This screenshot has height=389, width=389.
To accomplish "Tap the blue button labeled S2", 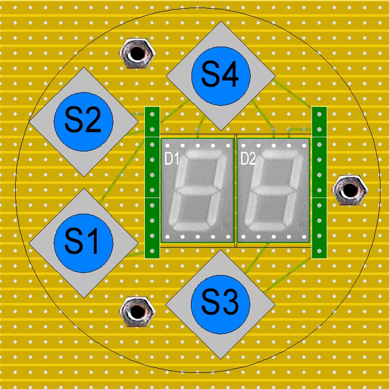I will [x=84, y=122].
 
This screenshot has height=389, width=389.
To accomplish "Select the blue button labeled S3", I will [x=220, y=304].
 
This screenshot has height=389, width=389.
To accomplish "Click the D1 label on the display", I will [x=172, y=159].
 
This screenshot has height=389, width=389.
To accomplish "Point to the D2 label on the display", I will [x=248, y=159].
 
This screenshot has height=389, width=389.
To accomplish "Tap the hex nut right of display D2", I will [x=349, y=190].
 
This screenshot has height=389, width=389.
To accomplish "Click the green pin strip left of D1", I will [x=152, y=182].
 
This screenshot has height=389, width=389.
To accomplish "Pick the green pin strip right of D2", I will [x=319, y=182].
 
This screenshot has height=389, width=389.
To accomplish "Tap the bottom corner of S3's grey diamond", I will [x=220, y=359].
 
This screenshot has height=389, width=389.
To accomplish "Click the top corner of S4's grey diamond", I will [x=220, y=23].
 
